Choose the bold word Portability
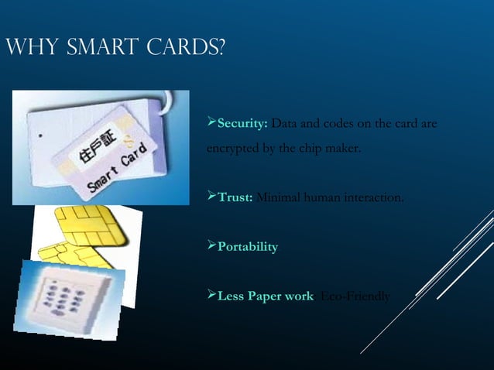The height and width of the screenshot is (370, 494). pyautogui.click(x=248, y=247)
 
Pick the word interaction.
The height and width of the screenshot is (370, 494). pyautogui.click(x=373, y=197)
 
